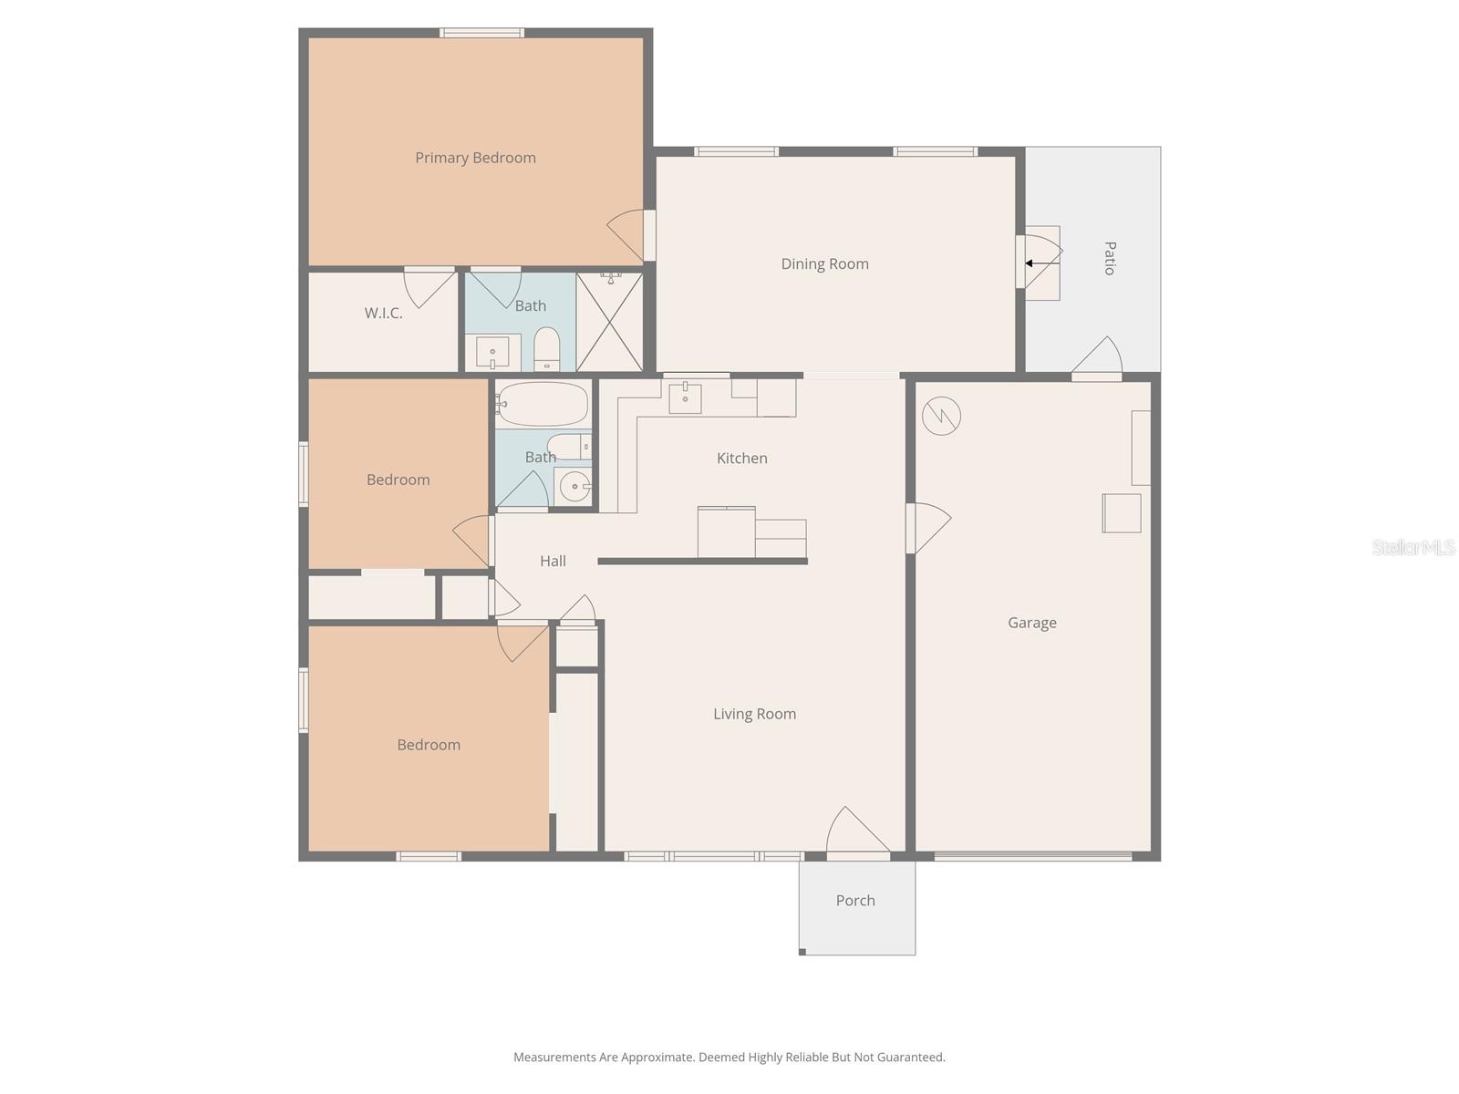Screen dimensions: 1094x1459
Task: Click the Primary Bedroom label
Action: (x=475, y=158)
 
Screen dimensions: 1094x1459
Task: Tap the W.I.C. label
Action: (x=383, y=313)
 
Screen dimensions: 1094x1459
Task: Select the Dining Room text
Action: (x=824, y=263)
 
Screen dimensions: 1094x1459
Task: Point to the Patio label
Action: (x=1110, y=258)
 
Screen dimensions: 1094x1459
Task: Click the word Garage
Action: (x=1031, y=623)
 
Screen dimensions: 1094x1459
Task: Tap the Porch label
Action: (x=854, y=900)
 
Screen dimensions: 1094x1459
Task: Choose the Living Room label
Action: (x=754, y=714)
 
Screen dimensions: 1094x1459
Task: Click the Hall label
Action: (x=553, y=561)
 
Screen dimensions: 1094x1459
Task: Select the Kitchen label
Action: (x=741, y=458)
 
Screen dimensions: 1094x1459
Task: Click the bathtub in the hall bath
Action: (x=543, y=404)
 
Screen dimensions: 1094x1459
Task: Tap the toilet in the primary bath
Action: (x=546, y=348)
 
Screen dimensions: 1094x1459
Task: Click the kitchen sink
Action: (x=685, y=397)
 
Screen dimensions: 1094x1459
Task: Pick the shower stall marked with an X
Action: (x=609, y=322)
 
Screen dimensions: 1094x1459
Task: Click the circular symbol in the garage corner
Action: (x=941, y=417)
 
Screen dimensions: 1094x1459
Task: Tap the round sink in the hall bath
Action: (x=574, y=487)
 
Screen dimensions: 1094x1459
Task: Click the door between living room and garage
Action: (x=927, y=528)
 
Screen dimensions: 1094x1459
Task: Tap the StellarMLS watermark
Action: (x=1412, y=547)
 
